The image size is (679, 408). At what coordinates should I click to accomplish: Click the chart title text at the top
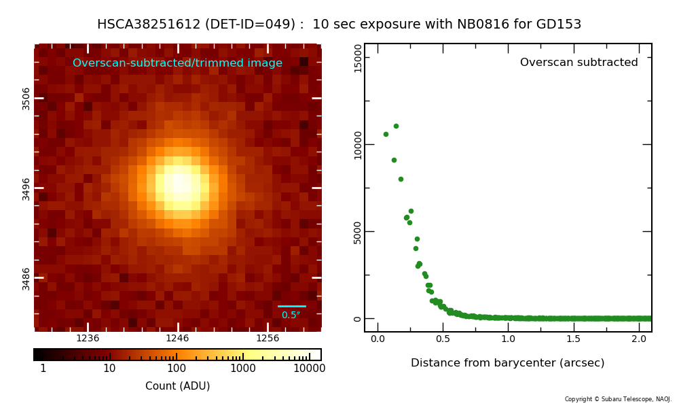(339, 24)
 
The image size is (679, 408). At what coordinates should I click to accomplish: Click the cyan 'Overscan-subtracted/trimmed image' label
(177, 63)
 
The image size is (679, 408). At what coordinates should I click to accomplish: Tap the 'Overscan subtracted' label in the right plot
(579, 63)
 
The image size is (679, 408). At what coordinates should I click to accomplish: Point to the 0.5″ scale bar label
(291, 316)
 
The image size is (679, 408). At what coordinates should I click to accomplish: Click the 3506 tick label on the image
(26, 98)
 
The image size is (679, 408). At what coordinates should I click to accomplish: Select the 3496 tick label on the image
(26, 188)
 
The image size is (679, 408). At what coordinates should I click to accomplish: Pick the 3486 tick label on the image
(26, 278)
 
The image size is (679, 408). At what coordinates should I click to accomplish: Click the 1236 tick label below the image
(88, 338)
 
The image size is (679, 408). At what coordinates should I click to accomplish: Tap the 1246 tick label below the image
(177, 338)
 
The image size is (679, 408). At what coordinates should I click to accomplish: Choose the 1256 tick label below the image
(268, 338)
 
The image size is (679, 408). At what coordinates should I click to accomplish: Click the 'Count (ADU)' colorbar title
(177, 386)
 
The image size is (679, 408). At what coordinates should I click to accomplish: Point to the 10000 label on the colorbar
(309, 369)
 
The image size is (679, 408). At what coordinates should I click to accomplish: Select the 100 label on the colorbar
(177, 369)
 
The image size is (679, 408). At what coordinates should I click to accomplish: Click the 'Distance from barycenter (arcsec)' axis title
(507, 363)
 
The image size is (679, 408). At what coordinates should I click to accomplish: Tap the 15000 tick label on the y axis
(358, 58)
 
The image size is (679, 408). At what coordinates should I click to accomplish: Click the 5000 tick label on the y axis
(358, 232)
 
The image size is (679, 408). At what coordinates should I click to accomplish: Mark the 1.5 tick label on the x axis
(574, 339)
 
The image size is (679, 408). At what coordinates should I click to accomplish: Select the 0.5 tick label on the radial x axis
(443, 339)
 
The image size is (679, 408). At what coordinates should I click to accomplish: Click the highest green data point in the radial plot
(396, 126)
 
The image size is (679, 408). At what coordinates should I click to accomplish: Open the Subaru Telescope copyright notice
(618, 399)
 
